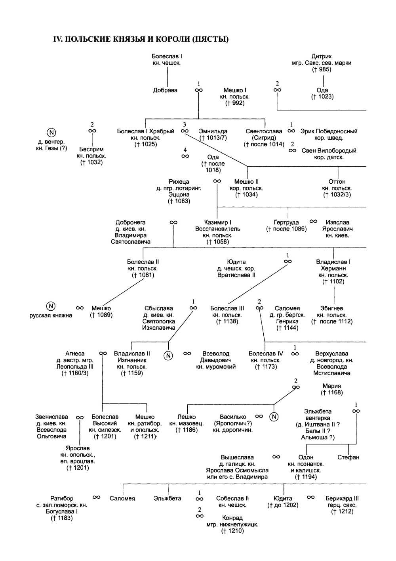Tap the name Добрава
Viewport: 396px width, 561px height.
(165, 90)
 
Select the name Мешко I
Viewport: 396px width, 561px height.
(235, 90)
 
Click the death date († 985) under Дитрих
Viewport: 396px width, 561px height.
(322, 69)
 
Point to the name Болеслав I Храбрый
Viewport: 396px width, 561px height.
(145, 131)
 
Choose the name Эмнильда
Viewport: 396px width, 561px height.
(213, 131)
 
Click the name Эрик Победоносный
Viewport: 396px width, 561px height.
(329, 131)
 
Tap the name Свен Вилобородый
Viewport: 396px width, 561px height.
(329, 151)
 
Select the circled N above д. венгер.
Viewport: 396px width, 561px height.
(51, 133)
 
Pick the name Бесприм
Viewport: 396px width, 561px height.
(91, 149)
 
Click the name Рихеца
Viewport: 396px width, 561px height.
(179, 182)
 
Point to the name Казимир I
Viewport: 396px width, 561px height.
(218, 223)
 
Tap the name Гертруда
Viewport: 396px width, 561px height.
(286, 223)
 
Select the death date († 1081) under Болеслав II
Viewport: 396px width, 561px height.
(143, 275)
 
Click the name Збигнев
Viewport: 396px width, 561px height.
(332, 308)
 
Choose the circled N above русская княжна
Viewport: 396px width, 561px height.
(51, 306)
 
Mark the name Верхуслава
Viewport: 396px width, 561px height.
(332, 354)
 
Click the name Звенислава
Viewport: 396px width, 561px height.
(51, 417)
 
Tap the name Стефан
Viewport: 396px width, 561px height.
(348, 457)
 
